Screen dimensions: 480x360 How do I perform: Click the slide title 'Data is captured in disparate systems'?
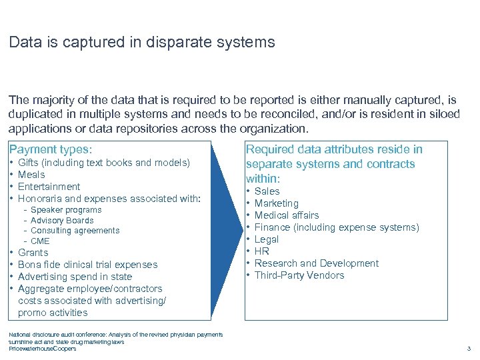tap(141, 43)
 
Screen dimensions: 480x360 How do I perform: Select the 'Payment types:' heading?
tap(50, 150)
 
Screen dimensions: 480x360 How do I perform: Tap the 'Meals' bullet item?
tap(31, 175)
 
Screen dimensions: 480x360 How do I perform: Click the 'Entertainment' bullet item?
tap(49, 187)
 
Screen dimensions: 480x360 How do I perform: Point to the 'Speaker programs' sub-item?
tap(66, 210)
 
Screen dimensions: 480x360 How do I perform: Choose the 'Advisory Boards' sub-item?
tap(62, 221)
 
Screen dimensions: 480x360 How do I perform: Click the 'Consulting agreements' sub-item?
tap(75, 231)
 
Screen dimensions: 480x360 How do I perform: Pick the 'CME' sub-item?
tap(40, 241)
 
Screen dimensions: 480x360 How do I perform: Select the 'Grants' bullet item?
tap(33, 253)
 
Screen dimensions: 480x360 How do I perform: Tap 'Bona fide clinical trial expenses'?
tap(87, 265)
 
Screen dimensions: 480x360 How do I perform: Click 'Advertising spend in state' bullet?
tap(75, 277)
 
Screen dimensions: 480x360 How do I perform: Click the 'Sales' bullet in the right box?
tap(267, 191)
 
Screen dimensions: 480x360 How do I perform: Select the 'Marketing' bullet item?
tap(277, 203)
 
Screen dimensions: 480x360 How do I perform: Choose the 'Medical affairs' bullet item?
tap(287, 215)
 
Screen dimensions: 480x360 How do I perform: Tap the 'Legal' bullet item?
tap(267, 239)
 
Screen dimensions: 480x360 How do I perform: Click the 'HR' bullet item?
tap(262, 251)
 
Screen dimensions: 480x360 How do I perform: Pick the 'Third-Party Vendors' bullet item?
tap(299, 275)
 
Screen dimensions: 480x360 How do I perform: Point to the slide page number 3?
tap(469, 349)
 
